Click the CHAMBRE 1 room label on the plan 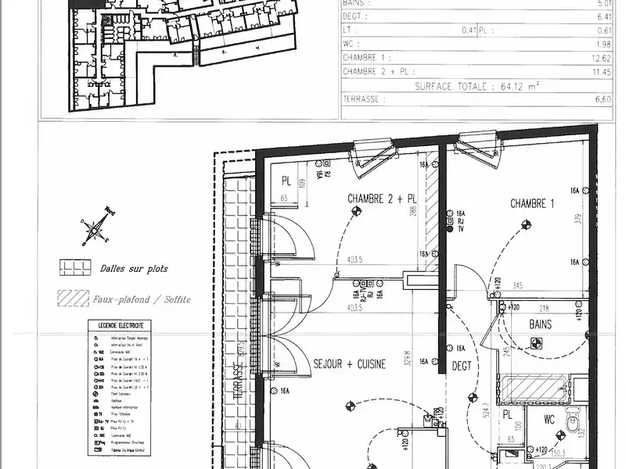(532, 204)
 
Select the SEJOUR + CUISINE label (350, 364)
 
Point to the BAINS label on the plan (540, 324)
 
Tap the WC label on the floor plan (550, 420)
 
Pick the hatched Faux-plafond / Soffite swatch (74, 299)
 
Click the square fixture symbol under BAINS (535, 342)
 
